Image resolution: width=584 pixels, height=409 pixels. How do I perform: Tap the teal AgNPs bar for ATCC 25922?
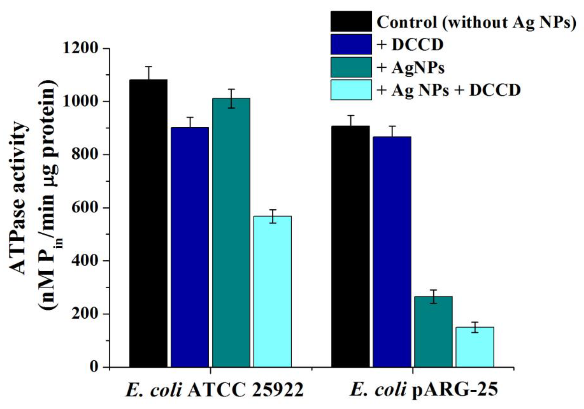tap(231, 232)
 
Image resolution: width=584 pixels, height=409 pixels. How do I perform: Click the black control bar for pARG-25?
tap(351, 246)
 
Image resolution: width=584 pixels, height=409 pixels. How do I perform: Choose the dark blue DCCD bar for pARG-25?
tap(392, 252)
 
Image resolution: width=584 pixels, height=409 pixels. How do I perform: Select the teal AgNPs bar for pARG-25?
tap(433, 332)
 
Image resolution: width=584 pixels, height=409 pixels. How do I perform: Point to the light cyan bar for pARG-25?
tap(475, 347)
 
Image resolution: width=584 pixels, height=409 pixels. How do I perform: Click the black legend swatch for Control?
tap(351, 22)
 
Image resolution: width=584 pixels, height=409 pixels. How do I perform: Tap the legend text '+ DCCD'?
tap(410, 45)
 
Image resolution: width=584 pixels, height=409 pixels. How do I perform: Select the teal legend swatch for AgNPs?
tap(351, 67)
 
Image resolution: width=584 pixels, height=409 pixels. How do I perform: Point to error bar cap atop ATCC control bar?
tap(148, 66)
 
